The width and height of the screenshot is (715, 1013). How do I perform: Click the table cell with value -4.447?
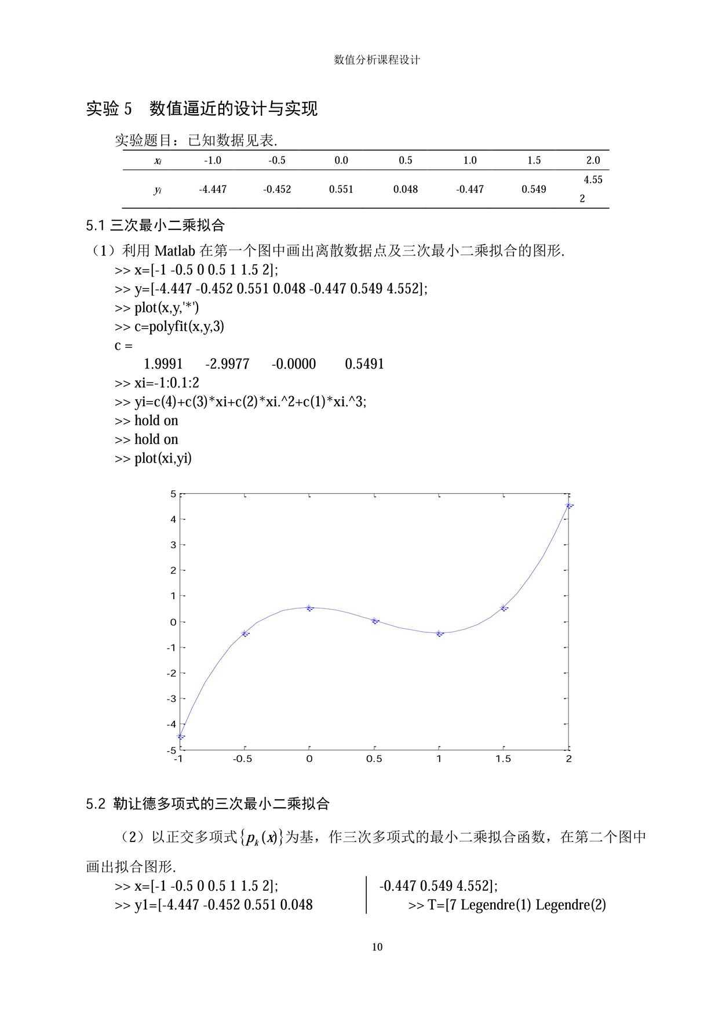pos(213,190)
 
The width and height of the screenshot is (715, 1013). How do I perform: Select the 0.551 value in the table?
pos(341,190)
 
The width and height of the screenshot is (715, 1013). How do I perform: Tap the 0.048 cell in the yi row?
pos(405,190)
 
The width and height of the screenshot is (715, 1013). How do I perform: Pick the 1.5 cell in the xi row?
pos(534,161)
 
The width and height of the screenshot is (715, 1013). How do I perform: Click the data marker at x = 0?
pos(309,608)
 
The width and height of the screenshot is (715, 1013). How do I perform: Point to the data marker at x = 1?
pos(439,633)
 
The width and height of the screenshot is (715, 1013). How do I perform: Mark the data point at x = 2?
pos(569,506)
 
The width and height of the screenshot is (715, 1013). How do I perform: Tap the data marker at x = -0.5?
pos(245,633)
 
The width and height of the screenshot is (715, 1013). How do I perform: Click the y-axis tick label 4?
pos(172,519)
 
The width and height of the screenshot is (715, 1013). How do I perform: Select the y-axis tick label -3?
pos(171,699)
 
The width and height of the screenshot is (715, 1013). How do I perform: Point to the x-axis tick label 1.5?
pos(503,759)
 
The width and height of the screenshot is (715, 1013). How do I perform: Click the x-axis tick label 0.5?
pos(374,759)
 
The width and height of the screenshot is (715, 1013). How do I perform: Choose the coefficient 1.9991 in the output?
pos(163,364)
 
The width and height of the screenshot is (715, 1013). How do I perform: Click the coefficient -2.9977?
pos(227,364)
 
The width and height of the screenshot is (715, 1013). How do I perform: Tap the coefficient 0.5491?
pos(364,364)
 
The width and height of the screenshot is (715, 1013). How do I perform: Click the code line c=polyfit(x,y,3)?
pos(169,326)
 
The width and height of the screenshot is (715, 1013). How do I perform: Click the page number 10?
pos(377,947)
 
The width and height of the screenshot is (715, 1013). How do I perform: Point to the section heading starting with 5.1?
pos(155,225)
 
